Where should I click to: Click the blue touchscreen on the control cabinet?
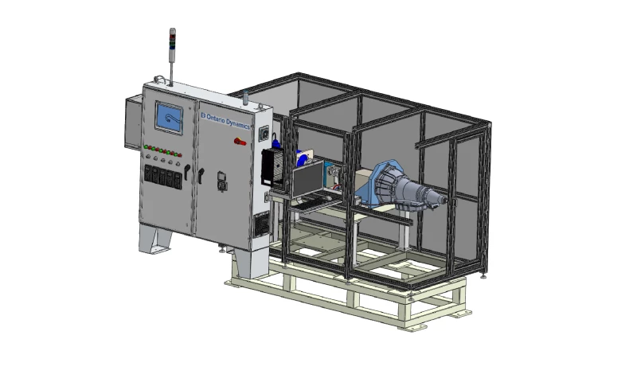tap(169, 118)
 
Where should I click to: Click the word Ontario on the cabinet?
tap(216, 119)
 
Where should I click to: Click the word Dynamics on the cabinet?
tap(238, 123)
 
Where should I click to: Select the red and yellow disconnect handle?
tap(240, 142)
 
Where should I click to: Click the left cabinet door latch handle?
tap(186, 171)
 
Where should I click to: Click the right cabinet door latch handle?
tap(201, 175)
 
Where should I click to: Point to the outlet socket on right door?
tap(222, 181)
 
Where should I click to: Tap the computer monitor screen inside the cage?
tap(308, 180)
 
